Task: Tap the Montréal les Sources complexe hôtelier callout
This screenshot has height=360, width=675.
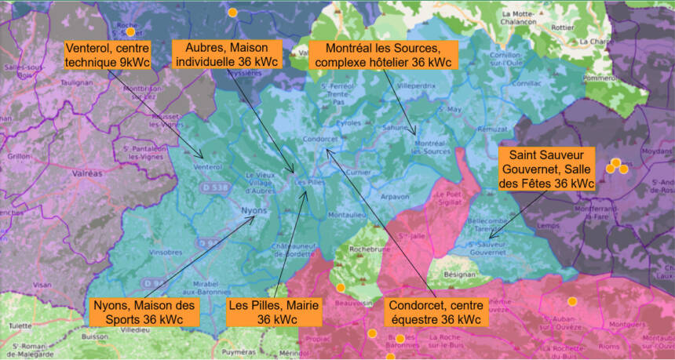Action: click(381, 53)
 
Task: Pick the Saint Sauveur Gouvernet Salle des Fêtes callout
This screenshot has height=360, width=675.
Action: click(546, 169)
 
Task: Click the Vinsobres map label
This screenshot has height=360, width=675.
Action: click(166, 253)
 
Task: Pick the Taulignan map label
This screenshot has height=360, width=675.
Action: click(76, 81)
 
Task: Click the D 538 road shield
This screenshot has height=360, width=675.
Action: click(209, 188)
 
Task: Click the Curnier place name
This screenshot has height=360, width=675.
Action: click(358, 173)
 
